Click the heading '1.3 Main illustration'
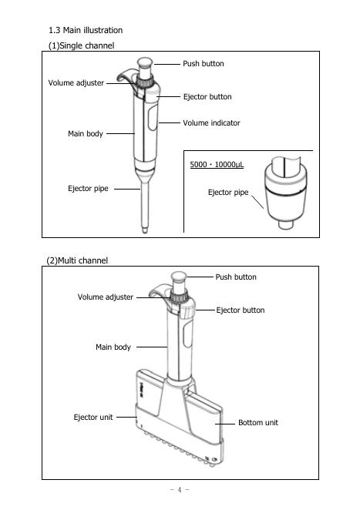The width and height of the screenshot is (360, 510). (x=86, y=30)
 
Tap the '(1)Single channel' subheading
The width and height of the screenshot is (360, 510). (x=82, y=45)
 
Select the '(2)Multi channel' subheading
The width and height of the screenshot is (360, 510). (x=77, y=260)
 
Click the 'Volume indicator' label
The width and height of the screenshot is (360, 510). (x=211, y=123)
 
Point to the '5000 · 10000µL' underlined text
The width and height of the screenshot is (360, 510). (x=217, y=165)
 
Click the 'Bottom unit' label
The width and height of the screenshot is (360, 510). (x=258, y=422)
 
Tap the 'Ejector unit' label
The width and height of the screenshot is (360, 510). (x=93, y=417)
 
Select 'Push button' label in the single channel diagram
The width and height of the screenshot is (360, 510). (x=204, y=63)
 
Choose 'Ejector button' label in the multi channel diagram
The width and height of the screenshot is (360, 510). (x=241, y=310)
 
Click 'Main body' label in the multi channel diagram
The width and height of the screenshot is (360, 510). (x=113, y=347)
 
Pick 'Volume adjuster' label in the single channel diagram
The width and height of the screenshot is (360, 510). (x=76, y=83)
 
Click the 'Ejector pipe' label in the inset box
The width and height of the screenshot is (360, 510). (x=228, y=193)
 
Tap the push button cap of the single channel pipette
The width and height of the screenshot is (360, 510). (x=145, y=62)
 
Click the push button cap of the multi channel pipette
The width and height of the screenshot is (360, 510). (x=179, y=277)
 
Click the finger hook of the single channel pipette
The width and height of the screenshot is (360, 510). (x=125, y=75)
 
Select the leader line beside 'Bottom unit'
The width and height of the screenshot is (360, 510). (x=224, y=424)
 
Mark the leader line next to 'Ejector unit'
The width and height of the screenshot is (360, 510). (x=126, y=417)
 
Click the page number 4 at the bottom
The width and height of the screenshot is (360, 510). (x=180, y=489)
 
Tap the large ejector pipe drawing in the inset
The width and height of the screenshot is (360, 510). (x=286, y=192)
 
